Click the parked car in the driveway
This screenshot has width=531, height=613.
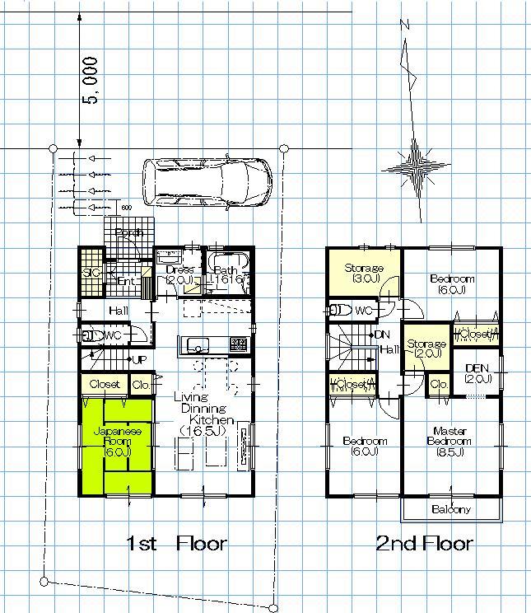[x=207, y=180]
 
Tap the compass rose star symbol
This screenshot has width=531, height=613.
[x=417, y=167]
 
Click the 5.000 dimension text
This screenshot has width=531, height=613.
[x=92, y=80]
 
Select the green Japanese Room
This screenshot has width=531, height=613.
[x=117, y=445]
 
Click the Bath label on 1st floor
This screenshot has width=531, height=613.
[x=225, y=269]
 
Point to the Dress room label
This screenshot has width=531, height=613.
[x=179, y=269]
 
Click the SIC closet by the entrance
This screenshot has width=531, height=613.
[x=90, y=273]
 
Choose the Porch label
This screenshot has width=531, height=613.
[x=129, y=233]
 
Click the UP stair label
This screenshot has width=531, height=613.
[x=140, y=360]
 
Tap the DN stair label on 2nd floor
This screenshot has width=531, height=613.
[x=381, y=335]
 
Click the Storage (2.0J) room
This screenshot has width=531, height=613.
[x=426, y=348]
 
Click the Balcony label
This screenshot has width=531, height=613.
[x=451, y=509]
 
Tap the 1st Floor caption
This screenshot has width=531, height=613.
[x=176, y=544]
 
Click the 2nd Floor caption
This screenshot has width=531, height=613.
[x=424, y=544]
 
